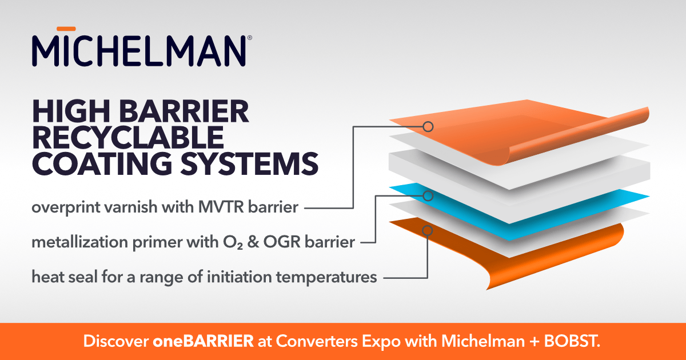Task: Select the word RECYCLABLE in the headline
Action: coord(127,138)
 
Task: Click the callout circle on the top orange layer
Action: coord(428,126)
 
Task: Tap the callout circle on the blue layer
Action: coord(428,195)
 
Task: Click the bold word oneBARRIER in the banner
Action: coord(203,342)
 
